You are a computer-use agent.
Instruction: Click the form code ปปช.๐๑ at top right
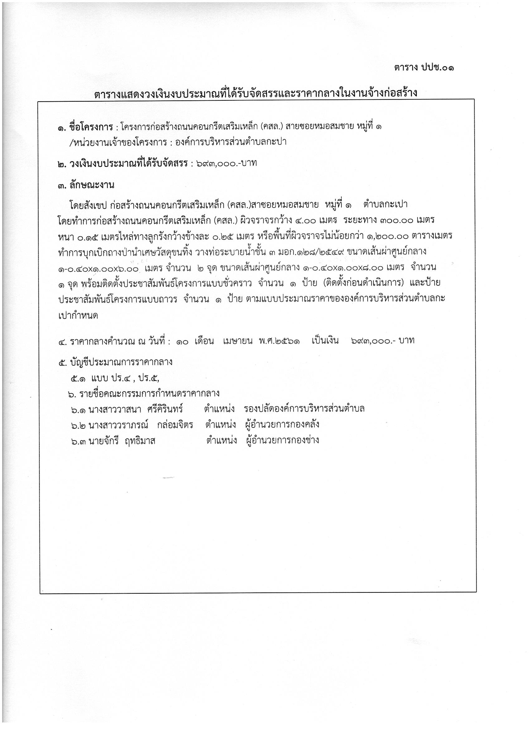pos(438,68)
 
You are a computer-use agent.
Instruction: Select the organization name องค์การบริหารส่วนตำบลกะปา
pos(230,142)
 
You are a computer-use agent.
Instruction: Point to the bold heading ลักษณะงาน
pos(92,186)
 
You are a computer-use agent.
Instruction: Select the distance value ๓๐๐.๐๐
pos(397,220)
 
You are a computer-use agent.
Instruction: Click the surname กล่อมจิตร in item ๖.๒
pos(175,425)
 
